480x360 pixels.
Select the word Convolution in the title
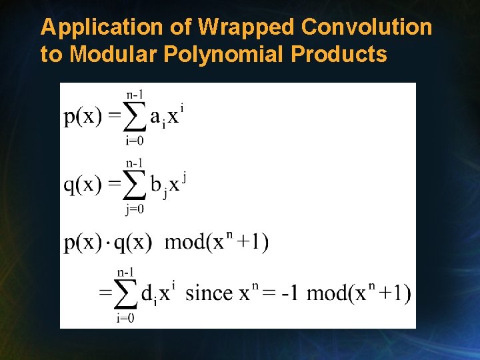(x=367, y=28)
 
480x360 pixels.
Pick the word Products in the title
(x=339, y=54)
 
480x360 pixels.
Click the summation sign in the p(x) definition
(x=135, y=117)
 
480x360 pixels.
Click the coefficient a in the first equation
(x=155, y=118)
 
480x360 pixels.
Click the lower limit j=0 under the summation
(x=135, y=209)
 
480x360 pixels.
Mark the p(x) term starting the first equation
(x=83, y=117)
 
